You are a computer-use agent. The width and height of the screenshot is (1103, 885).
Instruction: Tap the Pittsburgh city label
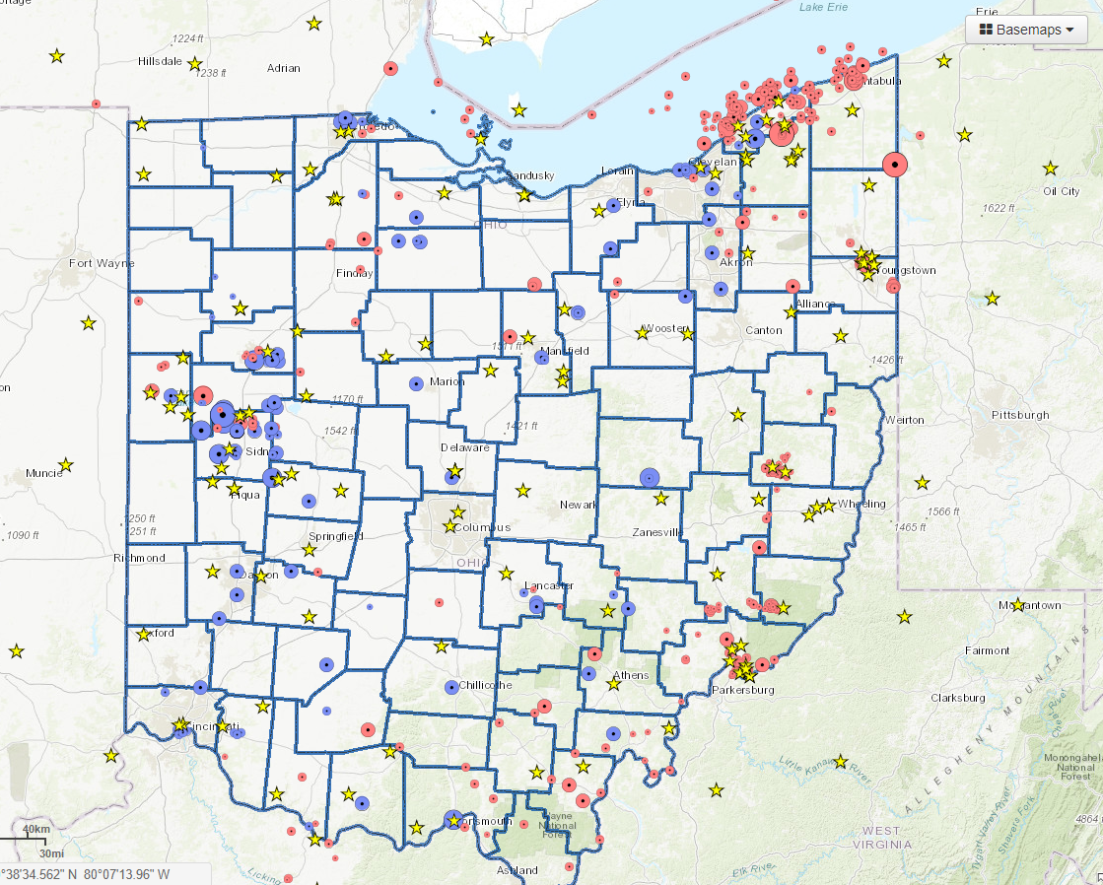tap(1021, 415)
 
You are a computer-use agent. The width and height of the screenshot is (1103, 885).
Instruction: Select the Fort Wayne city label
tap(102, 263)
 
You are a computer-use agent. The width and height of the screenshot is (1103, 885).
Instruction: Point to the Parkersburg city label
tap(743, 690)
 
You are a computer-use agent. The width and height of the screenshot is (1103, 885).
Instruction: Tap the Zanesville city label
tap(657, 532)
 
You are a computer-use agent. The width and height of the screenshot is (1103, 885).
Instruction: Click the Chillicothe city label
tap(485, 685)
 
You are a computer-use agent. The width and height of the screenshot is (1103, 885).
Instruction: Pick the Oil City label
tap(1062, 191)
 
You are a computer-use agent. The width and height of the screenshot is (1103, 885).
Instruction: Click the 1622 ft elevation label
tap(998, 208)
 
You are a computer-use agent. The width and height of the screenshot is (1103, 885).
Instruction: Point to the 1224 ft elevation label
tap(186, 38)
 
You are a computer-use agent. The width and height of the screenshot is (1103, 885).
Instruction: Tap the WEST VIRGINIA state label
tap(877, 838)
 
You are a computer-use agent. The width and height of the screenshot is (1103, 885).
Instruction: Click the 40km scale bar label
tap(36, 829)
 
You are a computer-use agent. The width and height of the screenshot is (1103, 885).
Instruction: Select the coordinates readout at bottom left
tap(86, 874)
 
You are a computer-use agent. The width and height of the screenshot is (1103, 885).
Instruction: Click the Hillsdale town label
tap(161, 60)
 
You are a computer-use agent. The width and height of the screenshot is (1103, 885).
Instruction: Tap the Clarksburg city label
tap(957, 698)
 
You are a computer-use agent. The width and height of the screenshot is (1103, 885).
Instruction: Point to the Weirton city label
tap(904, 420)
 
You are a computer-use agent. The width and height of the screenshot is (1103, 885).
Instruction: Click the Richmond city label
tap(140, 558)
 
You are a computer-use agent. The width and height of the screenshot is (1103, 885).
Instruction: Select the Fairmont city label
tap(987, 650)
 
